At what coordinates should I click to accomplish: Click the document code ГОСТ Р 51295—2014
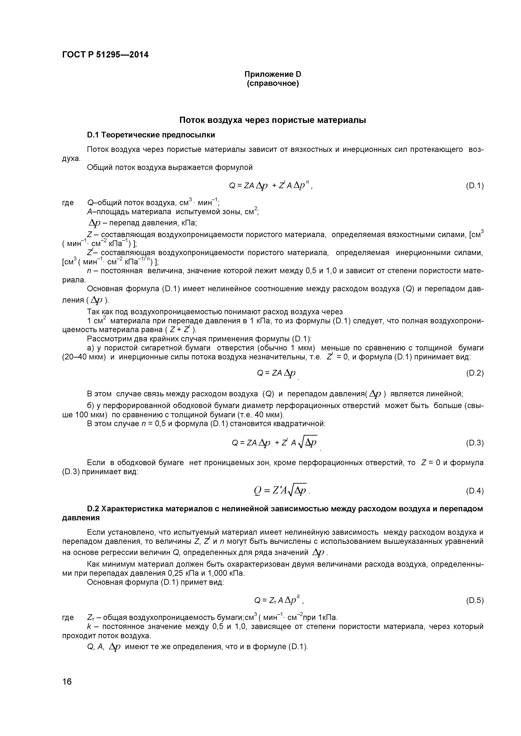pyautogui.click(x=105, y=55)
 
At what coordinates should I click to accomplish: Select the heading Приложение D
pyautogui.click(x=273, y=74)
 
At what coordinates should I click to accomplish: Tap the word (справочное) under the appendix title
pyautogui.click(x=273, y=84)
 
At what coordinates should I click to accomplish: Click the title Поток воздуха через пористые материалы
pyautogui.click(x=273, y=120)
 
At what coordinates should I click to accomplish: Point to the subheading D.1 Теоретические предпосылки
pyautogui.click(x=151, y=135)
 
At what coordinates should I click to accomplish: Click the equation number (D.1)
pyautogui.click(x=474, y=186)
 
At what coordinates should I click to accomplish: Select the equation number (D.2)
pyautogui.click(x=474, y=373)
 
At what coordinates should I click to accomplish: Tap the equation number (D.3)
pyautogui.click(x=474, y=443)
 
